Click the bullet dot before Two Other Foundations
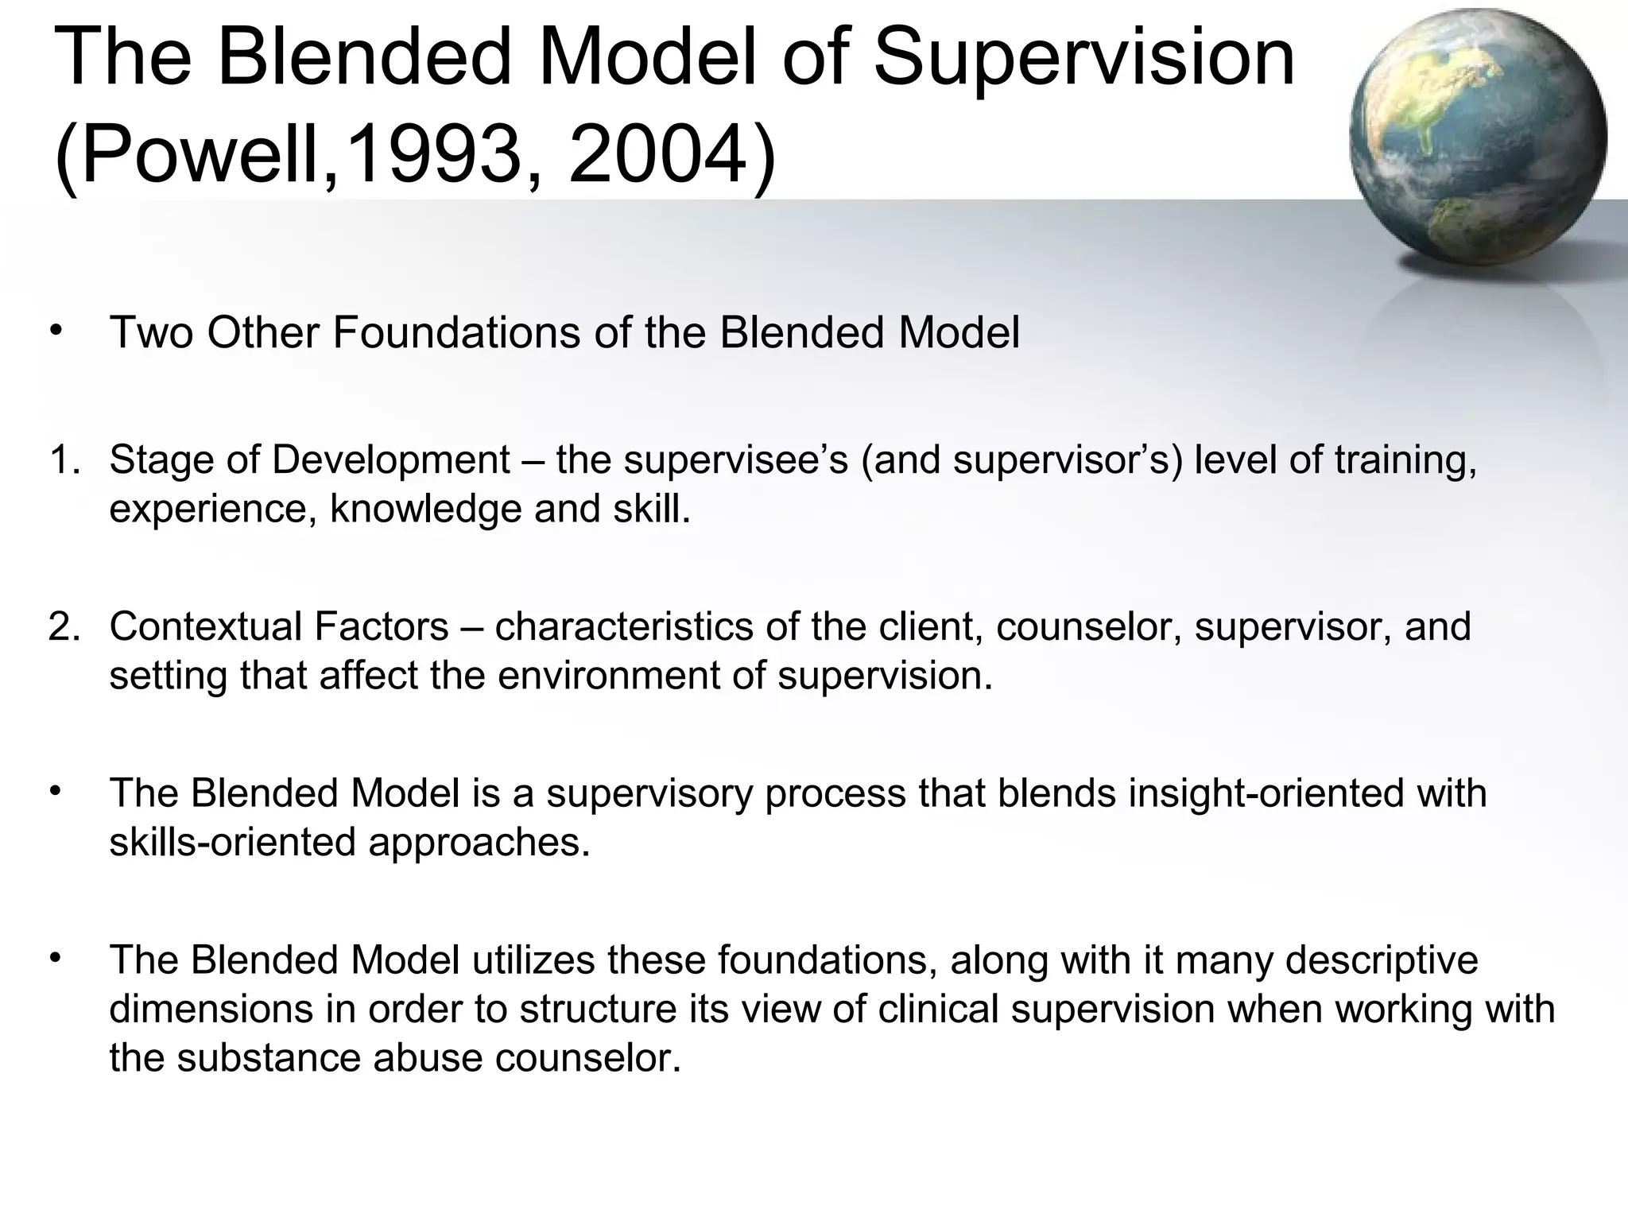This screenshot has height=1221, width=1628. (54, 331)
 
